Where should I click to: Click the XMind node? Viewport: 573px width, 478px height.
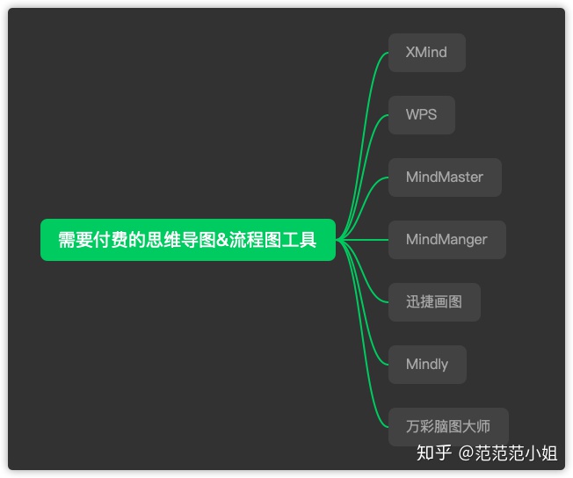pos(426,53)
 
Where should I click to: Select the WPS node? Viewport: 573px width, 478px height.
pos(421,115)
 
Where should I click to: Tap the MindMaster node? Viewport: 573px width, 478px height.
pos(445,177)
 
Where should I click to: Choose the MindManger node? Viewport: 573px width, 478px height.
pos(446,240)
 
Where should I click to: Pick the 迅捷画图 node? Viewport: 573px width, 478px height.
pos(434,302)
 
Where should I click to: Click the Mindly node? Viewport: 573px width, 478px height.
pos(427,365)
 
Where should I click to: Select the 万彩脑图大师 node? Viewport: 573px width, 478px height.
pos(448,427)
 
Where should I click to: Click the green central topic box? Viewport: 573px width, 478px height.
pos(187,240)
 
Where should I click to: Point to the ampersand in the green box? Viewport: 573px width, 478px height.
pos(221,240)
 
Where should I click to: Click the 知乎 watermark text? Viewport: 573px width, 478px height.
pos(434,453)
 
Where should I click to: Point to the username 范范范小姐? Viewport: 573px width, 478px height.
pos(516,453)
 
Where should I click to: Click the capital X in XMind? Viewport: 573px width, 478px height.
pos(411,53)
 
